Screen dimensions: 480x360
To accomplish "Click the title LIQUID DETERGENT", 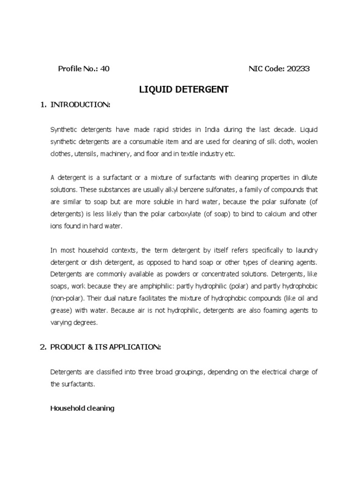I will (184, 89).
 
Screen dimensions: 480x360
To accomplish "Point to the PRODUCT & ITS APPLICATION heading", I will (105, 347).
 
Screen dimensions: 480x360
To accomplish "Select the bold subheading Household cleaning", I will (82, 408).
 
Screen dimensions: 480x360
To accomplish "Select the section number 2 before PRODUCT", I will (43, 347).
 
